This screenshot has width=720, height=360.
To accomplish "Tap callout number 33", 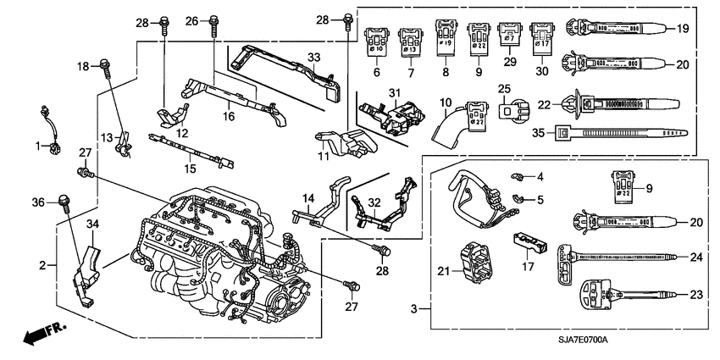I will (314, 58).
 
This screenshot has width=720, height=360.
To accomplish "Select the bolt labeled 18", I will (105, 64).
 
